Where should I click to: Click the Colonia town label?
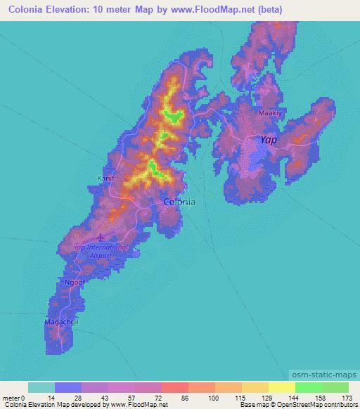pyautogui.click(x=179, y=202)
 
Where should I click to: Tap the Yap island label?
pyautogui.click(x=268, y=140)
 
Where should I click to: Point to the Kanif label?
pyautogui.click(x=105, y=178)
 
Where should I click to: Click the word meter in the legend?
pyautogui.click(x=11, y=398)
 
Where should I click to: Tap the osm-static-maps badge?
pyautogui.click(x=323, y=375)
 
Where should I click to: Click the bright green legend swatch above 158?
pyautogui.click(x=308, y=388)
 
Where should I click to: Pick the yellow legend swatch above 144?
pyautogui.click(x=281, y=388)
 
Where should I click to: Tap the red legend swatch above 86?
pyautogui.click(x=174, y=388)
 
